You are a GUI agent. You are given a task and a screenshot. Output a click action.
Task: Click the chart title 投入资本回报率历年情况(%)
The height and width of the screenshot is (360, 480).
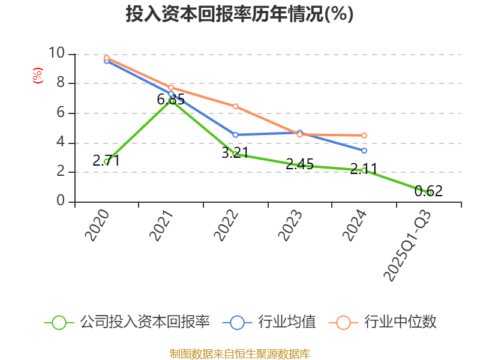pos(239,14)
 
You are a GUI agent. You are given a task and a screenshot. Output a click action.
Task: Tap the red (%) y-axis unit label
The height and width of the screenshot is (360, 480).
pos(37,76)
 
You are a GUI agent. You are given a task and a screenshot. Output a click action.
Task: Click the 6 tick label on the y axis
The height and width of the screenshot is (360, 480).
pos(60,113)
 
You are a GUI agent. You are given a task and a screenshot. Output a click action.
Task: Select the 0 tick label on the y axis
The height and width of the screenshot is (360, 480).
pos(60,202)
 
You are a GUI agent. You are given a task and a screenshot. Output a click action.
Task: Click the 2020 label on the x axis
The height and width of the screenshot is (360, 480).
pos(97,226)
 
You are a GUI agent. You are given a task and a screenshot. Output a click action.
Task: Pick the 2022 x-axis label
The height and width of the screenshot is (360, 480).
pos(226,226)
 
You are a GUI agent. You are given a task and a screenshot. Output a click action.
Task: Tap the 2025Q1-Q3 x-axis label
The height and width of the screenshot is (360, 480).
pos(408,246)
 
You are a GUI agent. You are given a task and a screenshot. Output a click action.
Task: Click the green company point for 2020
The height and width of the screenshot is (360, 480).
pos(106,161)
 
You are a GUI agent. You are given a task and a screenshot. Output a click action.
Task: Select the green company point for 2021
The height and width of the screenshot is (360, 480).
pos(172,101)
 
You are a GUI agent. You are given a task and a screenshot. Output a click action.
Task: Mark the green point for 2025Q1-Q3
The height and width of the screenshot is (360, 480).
pos(429,193)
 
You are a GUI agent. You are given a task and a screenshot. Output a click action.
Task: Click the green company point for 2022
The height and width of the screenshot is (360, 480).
pos(235,154)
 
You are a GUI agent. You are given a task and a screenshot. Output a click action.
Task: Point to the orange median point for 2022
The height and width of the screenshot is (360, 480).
pos(235,106)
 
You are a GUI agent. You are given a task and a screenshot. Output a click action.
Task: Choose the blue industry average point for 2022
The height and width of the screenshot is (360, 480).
pos(235,135)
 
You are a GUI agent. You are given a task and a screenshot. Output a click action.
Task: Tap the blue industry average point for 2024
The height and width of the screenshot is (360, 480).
pos(364,151)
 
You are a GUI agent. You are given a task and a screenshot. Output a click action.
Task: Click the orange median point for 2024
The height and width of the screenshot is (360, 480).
pos(364,136)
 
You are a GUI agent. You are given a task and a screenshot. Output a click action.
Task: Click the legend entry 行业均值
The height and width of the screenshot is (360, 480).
pos(269,322)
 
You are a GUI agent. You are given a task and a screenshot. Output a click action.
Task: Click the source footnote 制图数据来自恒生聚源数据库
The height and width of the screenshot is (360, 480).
pos(239,353)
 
